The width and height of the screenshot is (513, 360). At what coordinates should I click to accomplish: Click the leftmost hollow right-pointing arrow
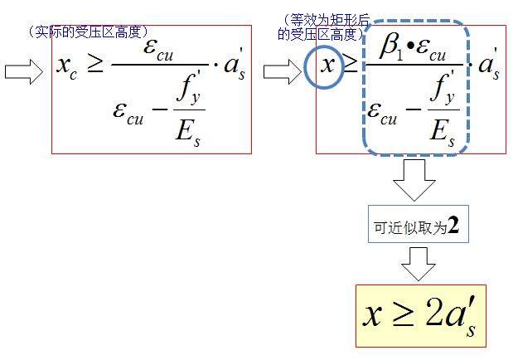point(23,71)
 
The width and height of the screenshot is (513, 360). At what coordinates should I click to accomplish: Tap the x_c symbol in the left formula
point(67,67)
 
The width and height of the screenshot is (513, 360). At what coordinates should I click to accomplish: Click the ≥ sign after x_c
point(95,64)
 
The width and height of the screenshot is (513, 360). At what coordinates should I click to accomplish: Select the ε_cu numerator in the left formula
point(158,51)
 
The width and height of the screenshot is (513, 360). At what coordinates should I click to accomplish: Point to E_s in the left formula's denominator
point(188,134)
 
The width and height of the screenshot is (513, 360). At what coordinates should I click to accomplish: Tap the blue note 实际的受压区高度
point(89,32)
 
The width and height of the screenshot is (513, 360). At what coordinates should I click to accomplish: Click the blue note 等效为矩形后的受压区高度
point(323,27)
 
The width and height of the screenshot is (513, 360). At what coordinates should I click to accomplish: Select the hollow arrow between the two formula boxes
point(283,71)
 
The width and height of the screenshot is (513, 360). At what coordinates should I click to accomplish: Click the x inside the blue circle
point(327,65)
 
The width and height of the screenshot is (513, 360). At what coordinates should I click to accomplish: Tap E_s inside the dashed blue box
point(442,134)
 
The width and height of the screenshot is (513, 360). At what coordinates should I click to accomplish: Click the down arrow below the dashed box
point(414,180)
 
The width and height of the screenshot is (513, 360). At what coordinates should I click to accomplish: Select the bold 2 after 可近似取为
point(453,225)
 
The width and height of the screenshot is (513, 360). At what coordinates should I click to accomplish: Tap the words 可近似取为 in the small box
point(410,227)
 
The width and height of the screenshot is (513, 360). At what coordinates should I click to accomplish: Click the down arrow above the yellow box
point(419,264)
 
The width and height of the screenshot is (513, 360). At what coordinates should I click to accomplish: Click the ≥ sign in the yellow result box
point(403,315)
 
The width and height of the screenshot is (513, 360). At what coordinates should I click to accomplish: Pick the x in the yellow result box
point(373,316)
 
